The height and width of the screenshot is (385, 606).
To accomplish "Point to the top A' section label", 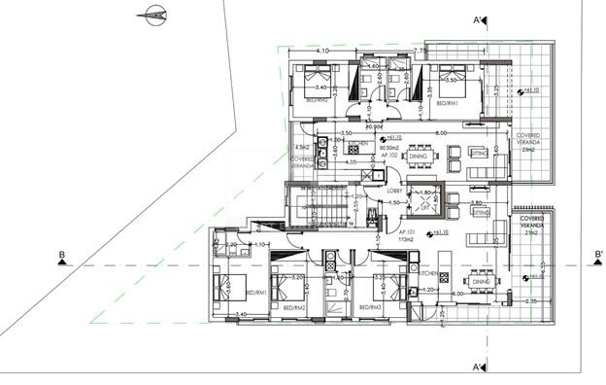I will click(479, 18).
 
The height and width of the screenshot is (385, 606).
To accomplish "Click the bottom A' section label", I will click(479, 368).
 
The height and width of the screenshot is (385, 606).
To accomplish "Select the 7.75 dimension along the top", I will click(420, 50).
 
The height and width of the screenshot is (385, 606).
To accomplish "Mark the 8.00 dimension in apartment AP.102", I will click(440, 131).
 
